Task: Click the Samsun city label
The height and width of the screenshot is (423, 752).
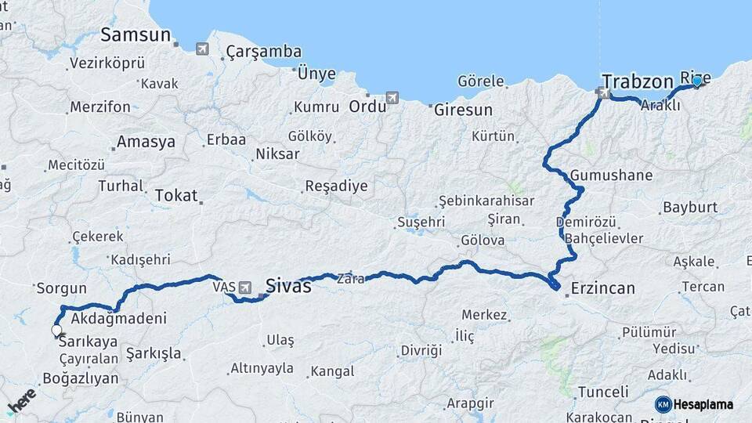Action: [x=136, y=35]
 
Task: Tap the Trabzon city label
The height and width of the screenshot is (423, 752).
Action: [x=637, y=81]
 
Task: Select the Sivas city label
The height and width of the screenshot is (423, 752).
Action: [x=288, y=287]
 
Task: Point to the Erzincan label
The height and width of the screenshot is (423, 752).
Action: [x=602, y=288]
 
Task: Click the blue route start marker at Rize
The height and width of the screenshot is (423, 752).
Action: [x=696, y=81]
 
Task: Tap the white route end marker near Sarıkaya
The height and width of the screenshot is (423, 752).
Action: [x=56, y=331]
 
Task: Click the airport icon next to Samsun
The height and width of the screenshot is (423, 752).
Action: [x=203, y=49]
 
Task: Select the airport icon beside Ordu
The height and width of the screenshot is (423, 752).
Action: [x=392, y=98]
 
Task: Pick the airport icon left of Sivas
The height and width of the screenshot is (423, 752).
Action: [x=247, y=288]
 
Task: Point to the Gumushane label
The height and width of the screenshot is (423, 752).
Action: [x=611, y=175]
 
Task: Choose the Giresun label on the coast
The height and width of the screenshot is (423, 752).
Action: [x=464, y=110]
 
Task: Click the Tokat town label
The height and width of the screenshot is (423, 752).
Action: [x=176, y=196]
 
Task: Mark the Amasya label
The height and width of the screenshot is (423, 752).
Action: [x=146, y=143]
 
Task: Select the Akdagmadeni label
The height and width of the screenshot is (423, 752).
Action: [x=119, y=319]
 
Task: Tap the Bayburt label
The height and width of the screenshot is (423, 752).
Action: [x=689, y=208]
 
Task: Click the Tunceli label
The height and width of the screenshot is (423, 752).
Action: [x=602, y=392]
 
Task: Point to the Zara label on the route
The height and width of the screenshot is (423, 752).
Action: [x=350, y=278]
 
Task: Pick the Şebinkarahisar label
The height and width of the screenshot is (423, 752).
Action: [x=486, y=201]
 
